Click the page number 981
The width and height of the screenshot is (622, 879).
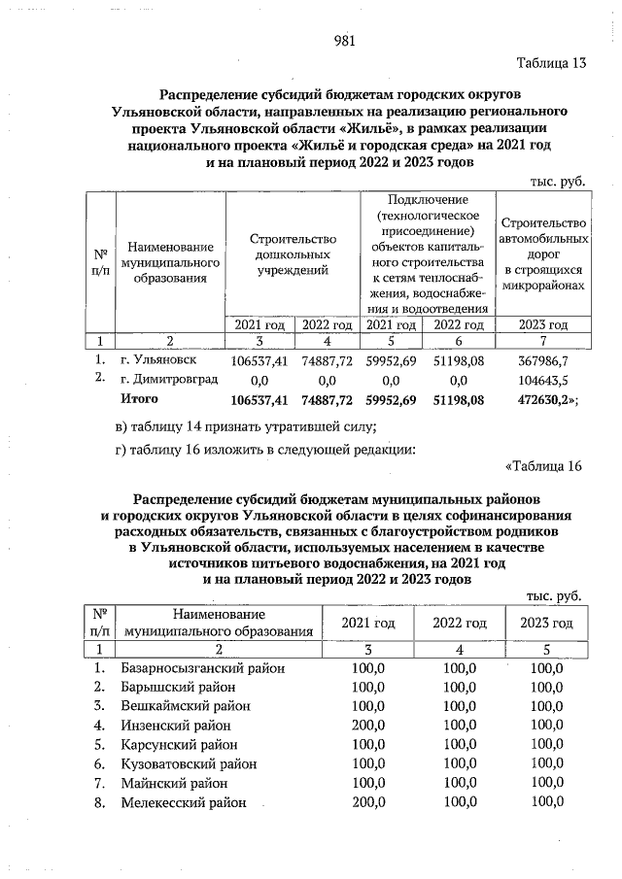click(344, 41)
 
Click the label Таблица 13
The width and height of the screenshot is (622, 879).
click(550, 64)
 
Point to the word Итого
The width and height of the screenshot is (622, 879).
click(138, 399)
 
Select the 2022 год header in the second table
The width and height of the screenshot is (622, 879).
click(459, 623)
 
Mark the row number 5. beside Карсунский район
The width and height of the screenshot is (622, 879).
click(99, 744)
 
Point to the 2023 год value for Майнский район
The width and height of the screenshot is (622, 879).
click(545, 783)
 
